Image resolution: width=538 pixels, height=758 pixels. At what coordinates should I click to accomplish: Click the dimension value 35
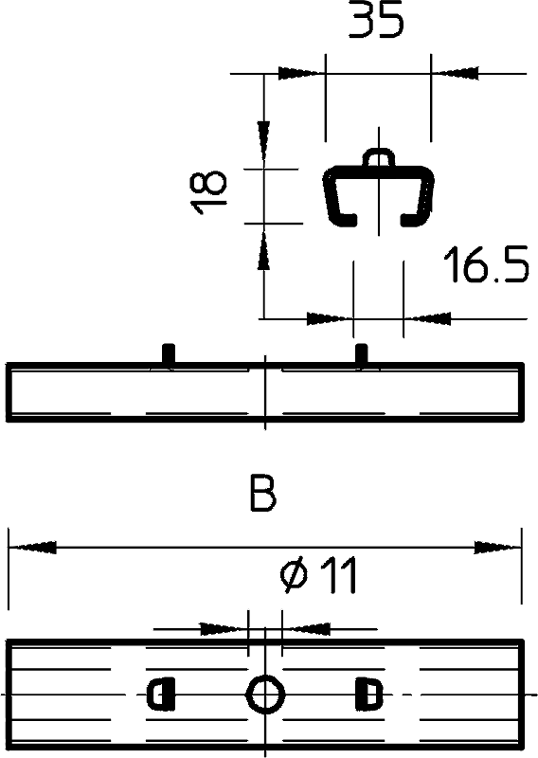pyautogui.click(x=376, y=20)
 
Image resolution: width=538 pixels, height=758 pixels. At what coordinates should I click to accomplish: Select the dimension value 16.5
pyautogui.click(x=486, y=264)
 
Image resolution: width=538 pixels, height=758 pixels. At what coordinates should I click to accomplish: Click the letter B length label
pyautogui.click(x=263, y=493)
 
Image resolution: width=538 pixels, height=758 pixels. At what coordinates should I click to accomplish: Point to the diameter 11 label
pyautogui.click(x=318, y=574)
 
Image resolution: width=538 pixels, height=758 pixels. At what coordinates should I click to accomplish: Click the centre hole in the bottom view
pyautogui.click(x=265, y=695)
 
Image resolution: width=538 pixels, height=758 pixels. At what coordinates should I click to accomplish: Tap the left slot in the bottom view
pyautogui.click(x=161, y=695)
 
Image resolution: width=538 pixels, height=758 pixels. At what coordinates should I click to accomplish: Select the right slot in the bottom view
pyautogui.click(x=368, y=695)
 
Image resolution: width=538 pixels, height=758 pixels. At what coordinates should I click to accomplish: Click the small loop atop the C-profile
pyautogui.click(x=379, y=156)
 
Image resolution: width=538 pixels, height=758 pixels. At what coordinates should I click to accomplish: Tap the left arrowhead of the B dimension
pyautogui.click(x=32, y=548)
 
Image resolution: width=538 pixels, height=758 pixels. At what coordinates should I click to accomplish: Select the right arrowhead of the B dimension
pyautogui.click(x=498, y=548)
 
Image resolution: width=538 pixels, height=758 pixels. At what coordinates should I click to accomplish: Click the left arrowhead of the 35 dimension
pyautogui.click(x=301, y=74)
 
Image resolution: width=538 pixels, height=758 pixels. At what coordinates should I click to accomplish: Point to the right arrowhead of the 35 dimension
pyautogui.click(x=455, y=74)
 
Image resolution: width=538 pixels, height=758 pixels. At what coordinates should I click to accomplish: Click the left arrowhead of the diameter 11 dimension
pyautogui.click(x=224, y=629)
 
